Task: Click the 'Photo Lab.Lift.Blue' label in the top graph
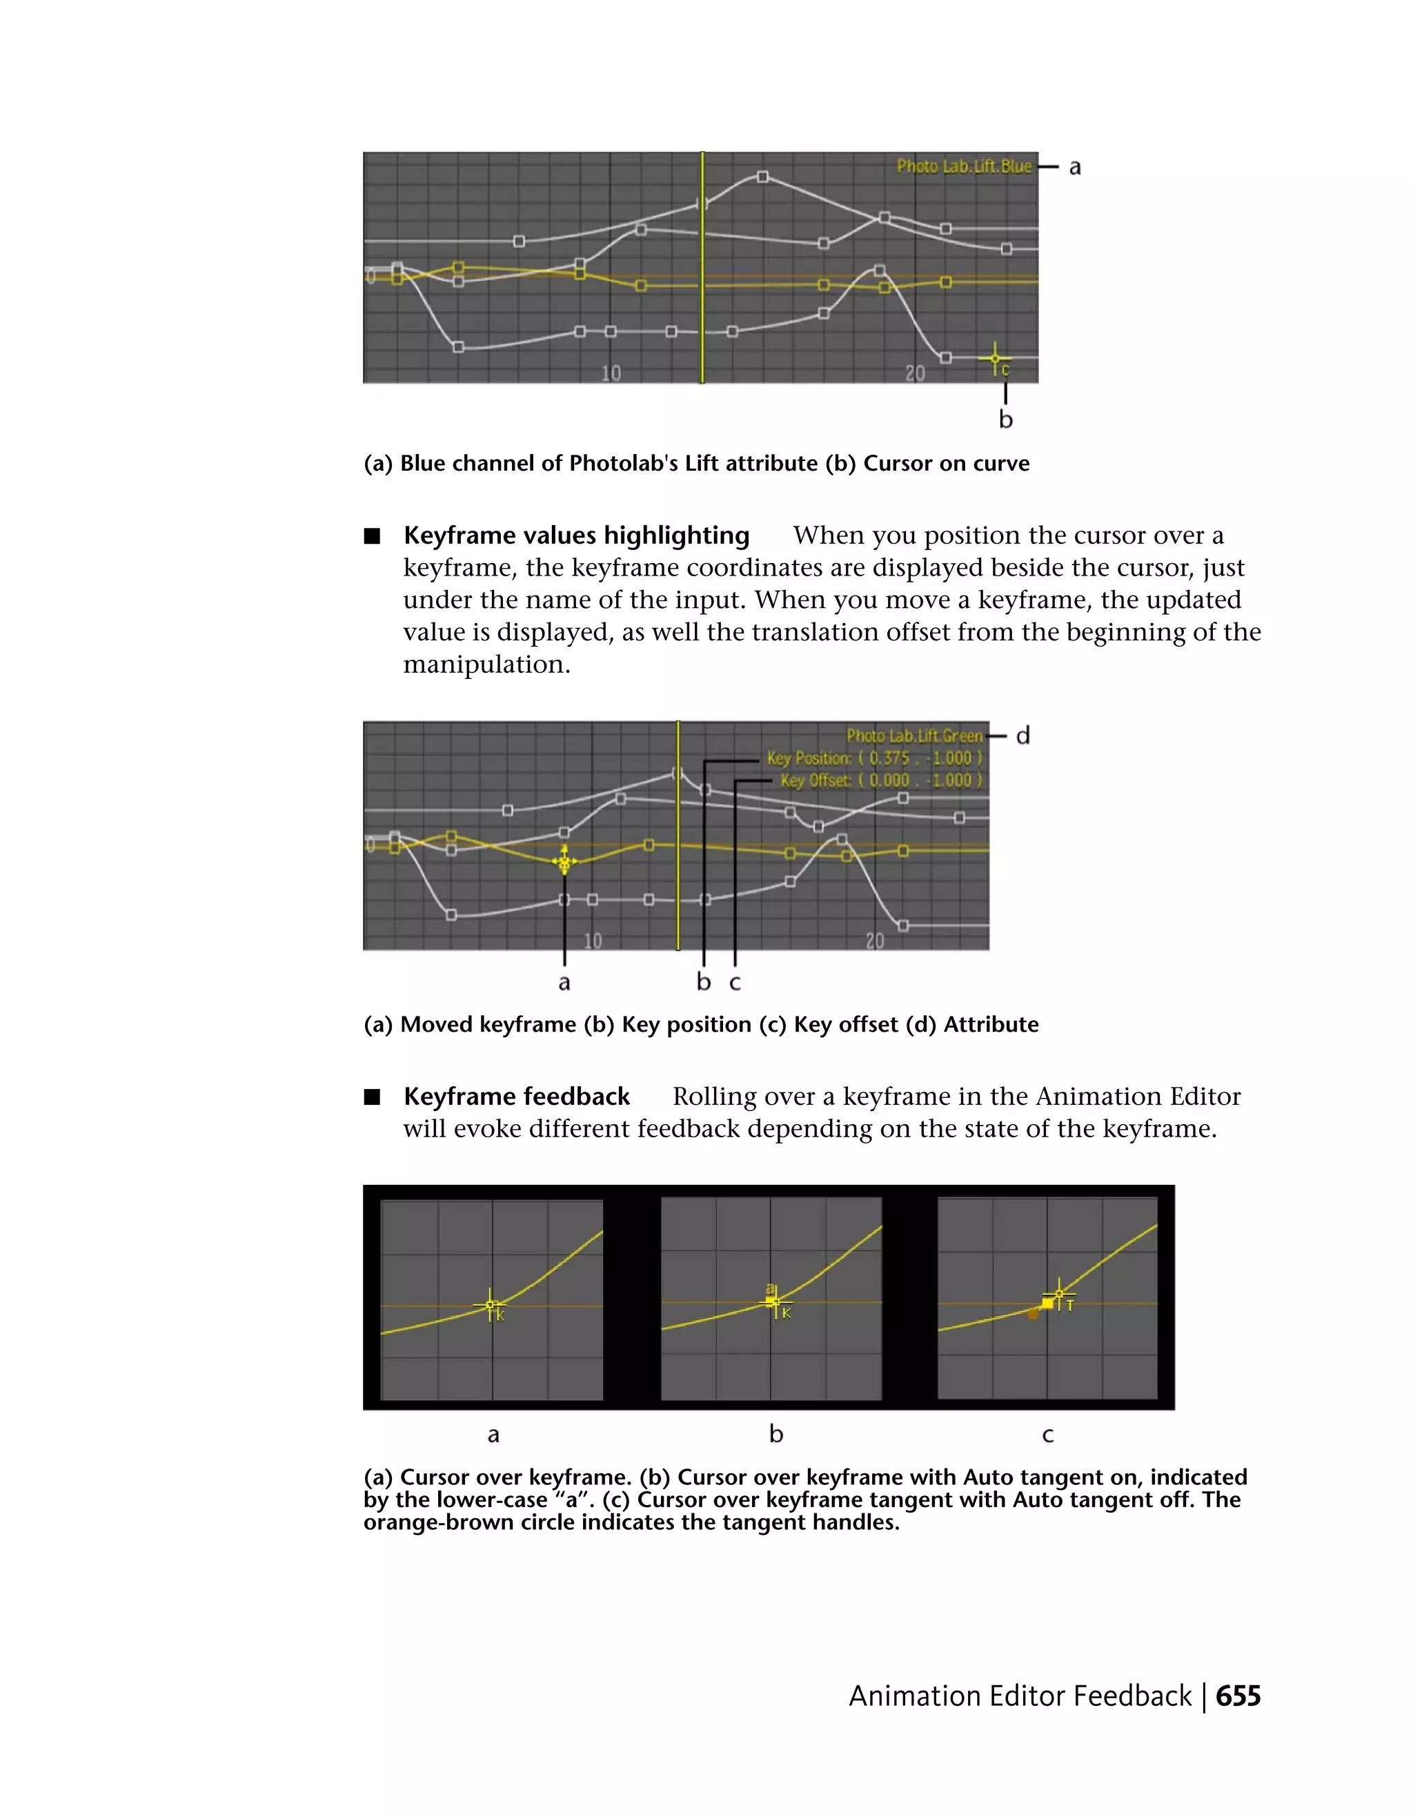point(963,166)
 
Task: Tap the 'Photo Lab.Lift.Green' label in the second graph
point(914,736)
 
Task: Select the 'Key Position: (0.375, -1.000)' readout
point(874,758)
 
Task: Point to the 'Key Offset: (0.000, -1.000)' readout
point(881,780)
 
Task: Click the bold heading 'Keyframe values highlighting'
point(576,535)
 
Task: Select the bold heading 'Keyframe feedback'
point(517,1097)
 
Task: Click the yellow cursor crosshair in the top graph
point(995,359)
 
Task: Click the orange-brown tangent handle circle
point(1033,1315)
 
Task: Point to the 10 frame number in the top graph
point(611,373)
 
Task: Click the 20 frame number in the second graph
point(874,941)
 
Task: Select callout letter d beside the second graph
point(1023,736)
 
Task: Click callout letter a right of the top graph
point(1074,167)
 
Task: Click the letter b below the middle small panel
point(776,1433)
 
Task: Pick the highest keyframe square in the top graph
point(762,177)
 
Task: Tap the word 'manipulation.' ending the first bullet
point(486,665)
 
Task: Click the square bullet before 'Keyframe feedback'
point(372,1097)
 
